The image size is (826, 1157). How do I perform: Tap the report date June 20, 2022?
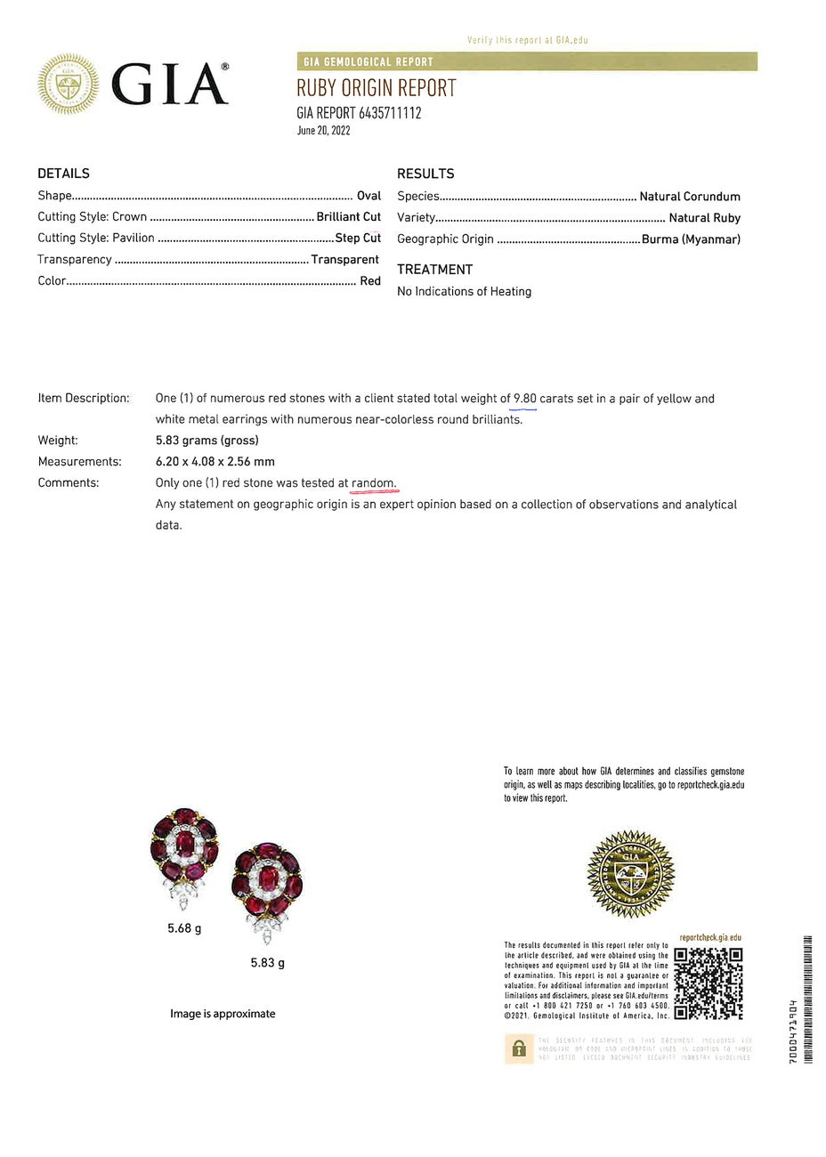point(323,131)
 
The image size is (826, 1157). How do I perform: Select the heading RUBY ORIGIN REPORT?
point(376,88)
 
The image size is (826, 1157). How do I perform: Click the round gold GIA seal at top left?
point(69,85)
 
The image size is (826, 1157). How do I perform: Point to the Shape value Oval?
point(368,196)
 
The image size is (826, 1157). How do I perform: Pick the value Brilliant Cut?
point(348,217)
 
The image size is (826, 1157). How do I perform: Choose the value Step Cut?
point(358,239)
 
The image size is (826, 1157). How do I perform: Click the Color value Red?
point(370,281)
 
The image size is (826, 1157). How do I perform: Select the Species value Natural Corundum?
point(689,197)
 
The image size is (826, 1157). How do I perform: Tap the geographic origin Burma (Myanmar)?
point(691,239)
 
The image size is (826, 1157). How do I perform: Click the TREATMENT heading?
point(434,270)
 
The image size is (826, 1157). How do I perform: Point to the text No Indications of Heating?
point(464,292)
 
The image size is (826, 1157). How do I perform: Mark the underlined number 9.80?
point(524,399)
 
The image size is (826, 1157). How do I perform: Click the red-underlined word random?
point(374,483)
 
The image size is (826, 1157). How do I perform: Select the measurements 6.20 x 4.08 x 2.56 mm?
point(215,462)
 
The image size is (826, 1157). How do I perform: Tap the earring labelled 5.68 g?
point(184,856)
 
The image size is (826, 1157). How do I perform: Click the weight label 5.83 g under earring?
point(267,963)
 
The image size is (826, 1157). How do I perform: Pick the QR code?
point(708,983)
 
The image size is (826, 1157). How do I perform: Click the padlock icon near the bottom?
point(518,1048)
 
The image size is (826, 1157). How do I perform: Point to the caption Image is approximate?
point(223,1014)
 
